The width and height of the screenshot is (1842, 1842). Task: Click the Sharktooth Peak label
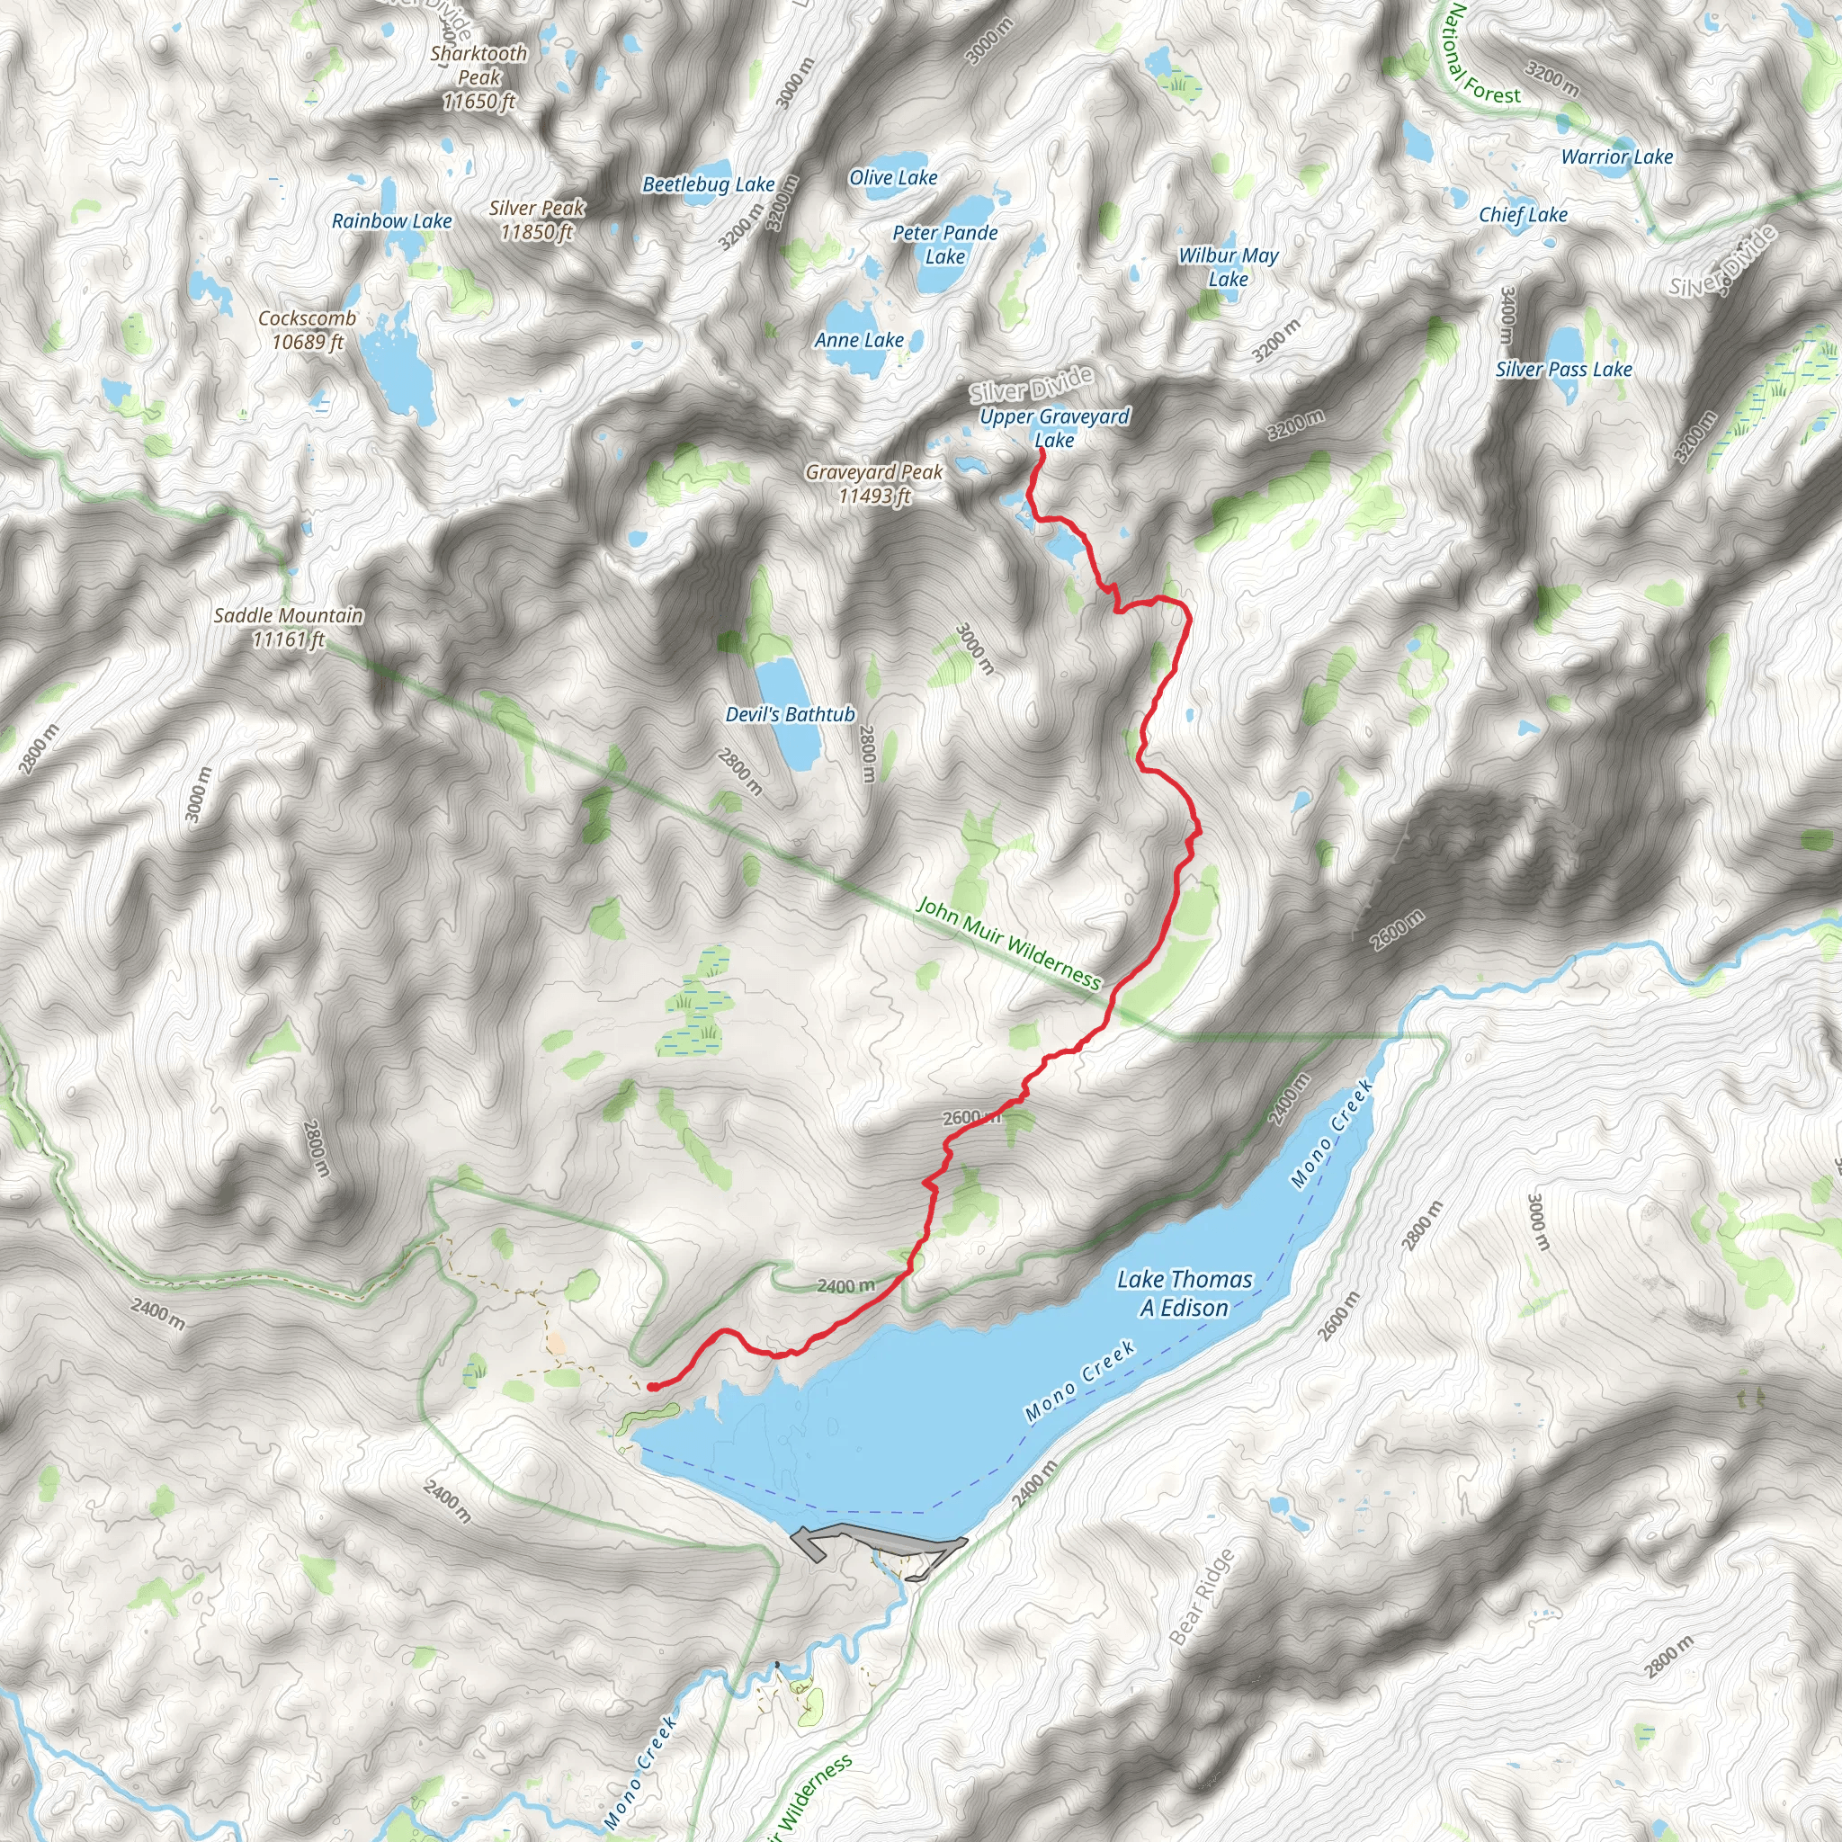click(x=478, y=77)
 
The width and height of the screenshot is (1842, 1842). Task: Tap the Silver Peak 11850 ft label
click(x=537, y=220)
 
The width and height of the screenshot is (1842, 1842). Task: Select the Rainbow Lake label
click(x=392, y=221)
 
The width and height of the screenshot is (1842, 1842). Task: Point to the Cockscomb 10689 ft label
click(x=307, y=330)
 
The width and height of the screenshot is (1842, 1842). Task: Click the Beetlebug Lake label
click(x=709, y=185)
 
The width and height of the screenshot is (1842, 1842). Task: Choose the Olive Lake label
click(x=893, y=178)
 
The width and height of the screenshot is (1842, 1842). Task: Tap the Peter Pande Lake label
click(x=945, y=245)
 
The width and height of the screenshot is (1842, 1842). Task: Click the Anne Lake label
click(x=859, y=340)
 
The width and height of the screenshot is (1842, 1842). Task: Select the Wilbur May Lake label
click(x=1228, y=267)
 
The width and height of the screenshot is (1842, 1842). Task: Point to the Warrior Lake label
click(x=1617, y=157)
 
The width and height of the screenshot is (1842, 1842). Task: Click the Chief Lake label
click(x=1523, y=216)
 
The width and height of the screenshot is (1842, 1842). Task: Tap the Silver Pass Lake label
click(x=1563, y=370)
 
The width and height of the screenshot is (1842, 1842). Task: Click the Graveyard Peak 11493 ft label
click(x=874, y=483)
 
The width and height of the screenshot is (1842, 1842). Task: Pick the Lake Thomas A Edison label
click(x=1185, y=1293)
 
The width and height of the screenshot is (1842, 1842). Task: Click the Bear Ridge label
click(x=1202, y=1597)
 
